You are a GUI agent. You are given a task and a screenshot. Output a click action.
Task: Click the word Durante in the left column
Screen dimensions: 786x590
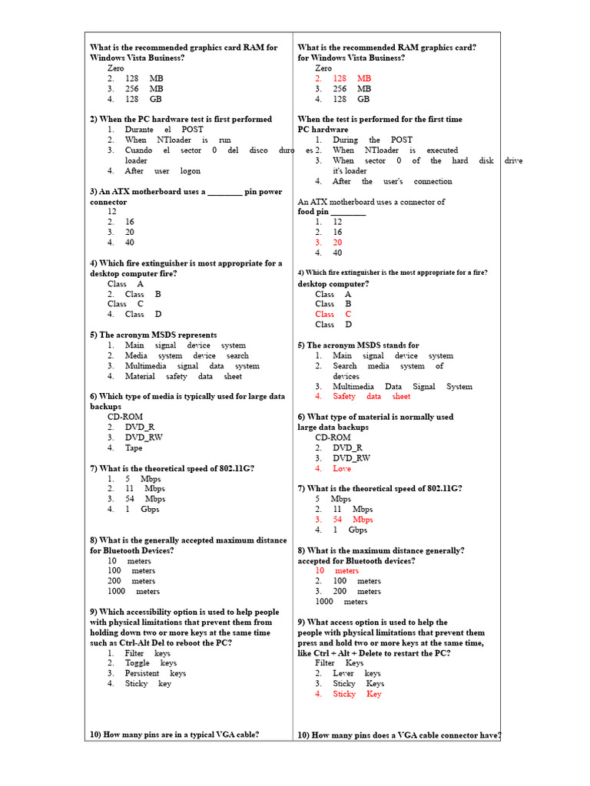[x=140, y=130]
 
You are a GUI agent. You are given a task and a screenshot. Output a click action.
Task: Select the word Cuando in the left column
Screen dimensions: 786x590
[x=139, y=150]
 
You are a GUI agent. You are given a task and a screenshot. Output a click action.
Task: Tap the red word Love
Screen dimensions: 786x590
[x=342, y=468]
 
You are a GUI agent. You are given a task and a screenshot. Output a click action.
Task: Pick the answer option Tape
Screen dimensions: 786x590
[x=134, y=447]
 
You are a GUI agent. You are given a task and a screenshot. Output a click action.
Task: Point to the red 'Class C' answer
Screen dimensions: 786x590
[x=333, y=314]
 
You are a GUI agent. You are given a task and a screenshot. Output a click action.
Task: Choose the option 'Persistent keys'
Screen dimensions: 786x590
[x=155, y=673]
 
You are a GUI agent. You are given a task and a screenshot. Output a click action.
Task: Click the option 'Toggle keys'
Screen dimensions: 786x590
[x=151, y=662]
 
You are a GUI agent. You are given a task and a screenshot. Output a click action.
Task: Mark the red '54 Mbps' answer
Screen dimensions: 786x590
[x=353, y=520]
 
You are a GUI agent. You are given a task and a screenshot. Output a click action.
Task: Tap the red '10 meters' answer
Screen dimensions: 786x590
[x=336, y=570]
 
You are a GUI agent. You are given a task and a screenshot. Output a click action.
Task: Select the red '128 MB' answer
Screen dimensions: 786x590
[x=352, y=78]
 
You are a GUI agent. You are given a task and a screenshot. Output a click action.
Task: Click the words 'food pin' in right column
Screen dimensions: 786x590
[x=313, y=211]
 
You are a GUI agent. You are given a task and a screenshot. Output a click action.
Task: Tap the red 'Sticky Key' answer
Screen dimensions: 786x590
[x=356, y=694]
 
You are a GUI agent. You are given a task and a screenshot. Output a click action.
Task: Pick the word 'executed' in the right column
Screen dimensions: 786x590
[x=442, y=150]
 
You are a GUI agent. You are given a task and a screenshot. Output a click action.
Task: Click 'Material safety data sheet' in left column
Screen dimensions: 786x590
[x=183, y=376]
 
